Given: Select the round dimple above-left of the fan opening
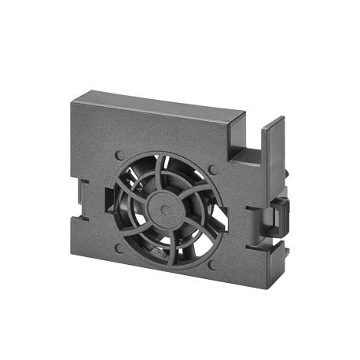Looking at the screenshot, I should click(x=118, y=156).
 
